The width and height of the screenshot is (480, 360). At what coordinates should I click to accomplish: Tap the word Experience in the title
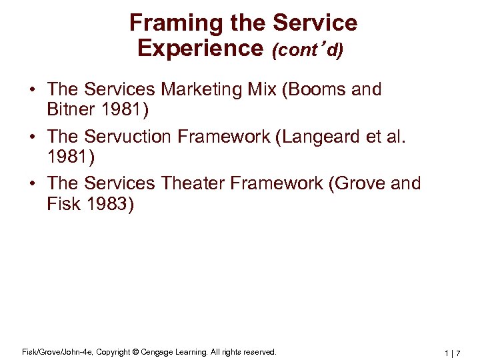click(x=201, y=48)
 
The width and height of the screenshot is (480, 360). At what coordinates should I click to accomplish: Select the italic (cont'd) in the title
click(x=307, y=50)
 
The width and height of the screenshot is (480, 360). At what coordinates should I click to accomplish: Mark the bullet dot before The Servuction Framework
click(x=31, y=137)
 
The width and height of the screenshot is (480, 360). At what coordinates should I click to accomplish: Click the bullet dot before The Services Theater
click(x=31, y=184)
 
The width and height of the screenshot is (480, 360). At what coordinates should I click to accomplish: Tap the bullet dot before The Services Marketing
click(x=31, y=90)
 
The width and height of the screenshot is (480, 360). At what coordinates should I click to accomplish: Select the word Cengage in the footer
click(x=155, y=351)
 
